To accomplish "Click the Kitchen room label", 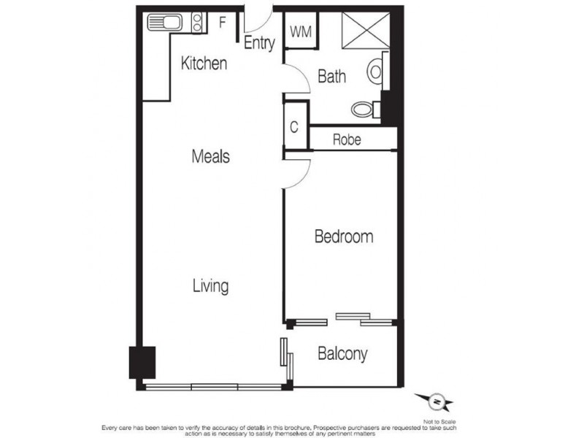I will [x=204, y=64].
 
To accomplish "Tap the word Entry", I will [x=259, y=43].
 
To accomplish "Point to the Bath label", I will [x=331, y=75].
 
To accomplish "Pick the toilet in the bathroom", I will [x=375, y=72].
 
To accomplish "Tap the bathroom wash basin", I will [x=363, y=109].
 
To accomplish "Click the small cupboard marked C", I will [x=294, y=127].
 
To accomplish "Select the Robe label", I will [x=347, y=139].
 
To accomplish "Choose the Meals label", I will [x=211, y=156].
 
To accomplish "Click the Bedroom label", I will [x=343, y=237].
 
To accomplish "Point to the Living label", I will [x=210, y=285].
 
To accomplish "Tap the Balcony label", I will [x=342, y=355].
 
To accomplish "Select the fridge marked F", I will [x=223, y=23].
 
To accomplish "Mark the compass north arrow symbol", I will [x=435, y=401].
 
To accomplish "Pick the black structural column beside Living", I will [x=142, y=362].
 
